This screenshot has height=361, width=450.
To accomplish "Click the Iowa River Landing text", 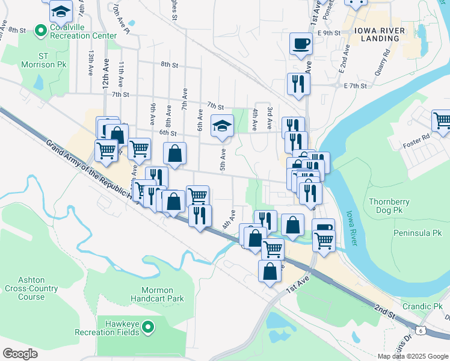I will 377,34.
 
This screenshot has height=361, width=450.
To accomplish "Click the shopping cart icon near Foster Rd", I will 442,120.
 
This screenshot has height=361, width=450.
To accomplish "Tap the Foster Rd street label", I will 417,137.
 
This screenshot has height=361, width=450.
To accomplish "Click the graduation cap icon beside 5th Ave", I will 222,126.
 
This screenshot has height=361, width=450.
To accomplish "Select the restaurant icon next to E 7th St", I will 298,84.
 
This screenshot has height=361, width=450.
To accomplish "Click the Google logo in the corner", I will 20,353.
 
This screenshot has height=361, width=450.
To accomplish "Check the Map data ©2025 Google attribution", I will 412,356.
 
